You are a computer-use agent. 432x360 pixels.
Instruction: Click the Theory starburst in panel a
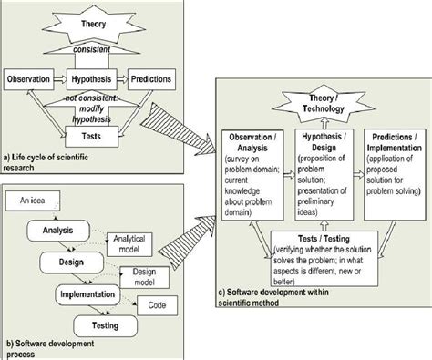click(x=94, y=23)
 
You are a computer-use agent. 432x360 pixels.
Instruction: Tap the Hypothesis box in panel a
click(x=95, y=80)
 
